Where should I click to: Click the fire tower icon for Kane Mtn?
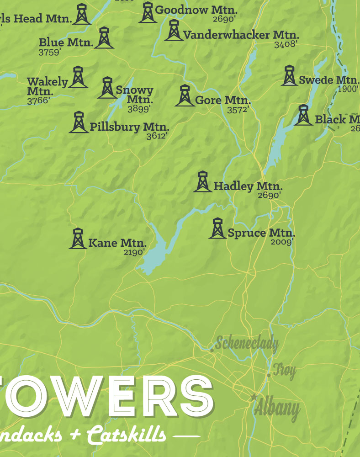pos(78,239)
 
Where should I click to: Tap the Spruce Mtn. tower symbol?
pos(217,228)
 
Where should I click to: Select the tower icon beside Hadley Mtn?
pos(202,181)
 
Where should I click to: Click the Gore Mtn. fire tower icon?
pos(185,96)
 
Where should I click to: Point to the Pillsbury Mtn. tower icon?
pos(79,122)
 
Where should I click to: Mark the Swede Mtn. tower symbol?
pos(289,76)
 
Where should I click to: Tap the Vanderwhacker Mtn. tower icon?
pos(174,30)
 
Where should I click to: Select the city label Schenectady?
pos(247,343)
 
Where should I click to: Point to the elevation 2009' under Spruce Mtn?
pos(281,242)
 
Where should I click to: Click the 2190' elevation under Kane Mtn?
pos(134,252)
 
